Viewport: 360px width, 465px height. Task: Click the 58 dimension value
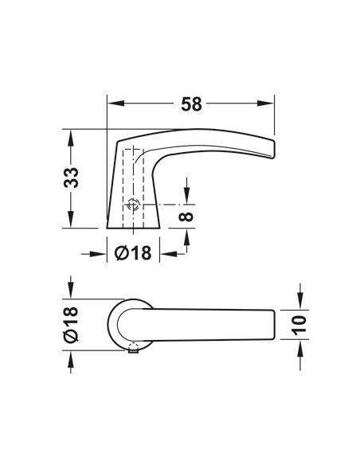tap(191, 104)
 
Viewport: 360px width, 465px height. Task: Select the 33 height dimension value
tap(71, 178)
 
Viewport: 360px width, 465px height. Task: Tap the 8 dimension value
tap(186, 217)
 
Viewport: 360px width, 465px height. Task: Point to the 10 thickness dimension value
tap(299, 325)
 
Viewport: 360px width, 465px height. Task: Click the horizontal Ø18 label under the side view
tap(133, 253)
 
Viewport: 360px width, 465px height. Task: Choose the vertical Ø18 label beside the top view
tap(71, 325)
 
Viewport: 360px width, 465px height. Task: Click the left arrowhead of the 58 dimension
tap(115, 104)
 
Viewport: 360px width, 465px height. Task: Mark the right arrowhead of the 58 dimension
tap(265, 104)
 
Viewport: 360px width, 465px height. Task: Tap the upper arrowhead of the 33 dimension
tap(71, 138)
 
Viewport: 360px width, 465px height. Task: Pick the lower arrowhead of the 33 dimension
tap(71, 219)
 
